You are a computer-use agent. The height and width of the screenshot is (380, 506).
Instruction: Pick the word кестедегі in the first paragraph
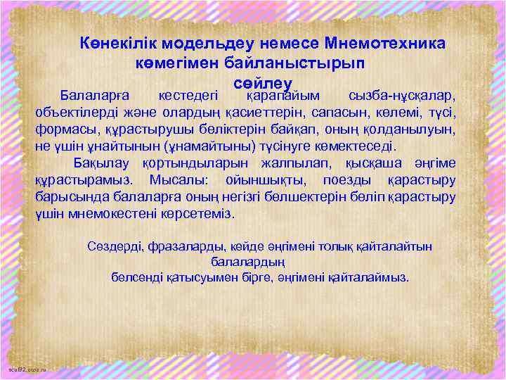pyautogui.click(x=188, y=95)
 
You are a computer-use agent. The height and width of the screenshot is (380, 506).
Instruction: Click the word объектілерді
pyautogui.click(x=74, y=113)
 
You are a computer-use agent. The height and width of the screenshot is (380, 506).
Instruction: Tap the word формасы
pyautogui.click(x=63, y=130)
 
